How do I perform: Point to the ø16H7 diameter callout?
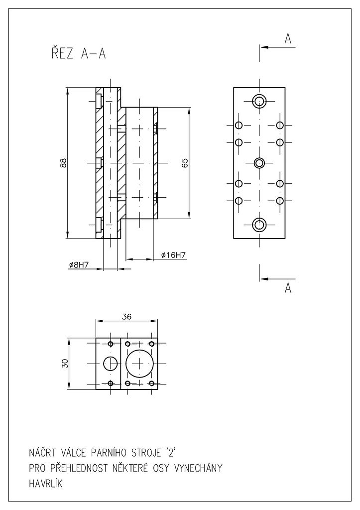[174, 255]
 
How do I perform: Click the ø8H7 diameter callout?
[79, 265]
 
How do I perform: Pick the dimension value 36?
[126, 316]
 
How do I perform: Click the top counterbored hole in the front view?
[259, 101]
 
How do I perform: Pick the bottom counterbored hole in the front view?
[259, 224]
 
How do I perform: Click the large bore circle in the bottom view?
[139, 364]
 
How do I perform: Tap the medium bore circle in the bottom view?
[110, 364]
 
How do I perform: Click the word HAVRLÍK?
[45, 483]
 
